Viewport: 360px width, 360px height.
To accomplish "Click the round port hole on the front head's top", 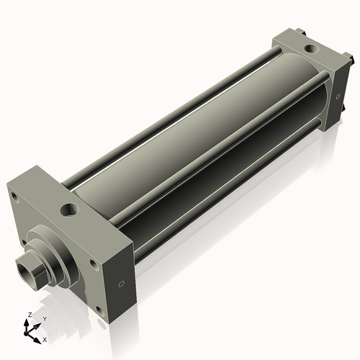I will [70, 210].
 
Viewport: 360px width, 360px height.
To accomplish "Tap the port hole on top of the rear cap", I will [310, 49].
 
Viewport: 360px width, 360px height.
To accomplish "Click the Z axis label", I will [28, 315].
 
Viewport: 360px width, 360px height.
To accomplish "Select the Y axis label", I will [45, 318].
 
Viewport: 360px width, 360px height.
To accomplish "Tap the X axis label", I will [45, 338].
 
